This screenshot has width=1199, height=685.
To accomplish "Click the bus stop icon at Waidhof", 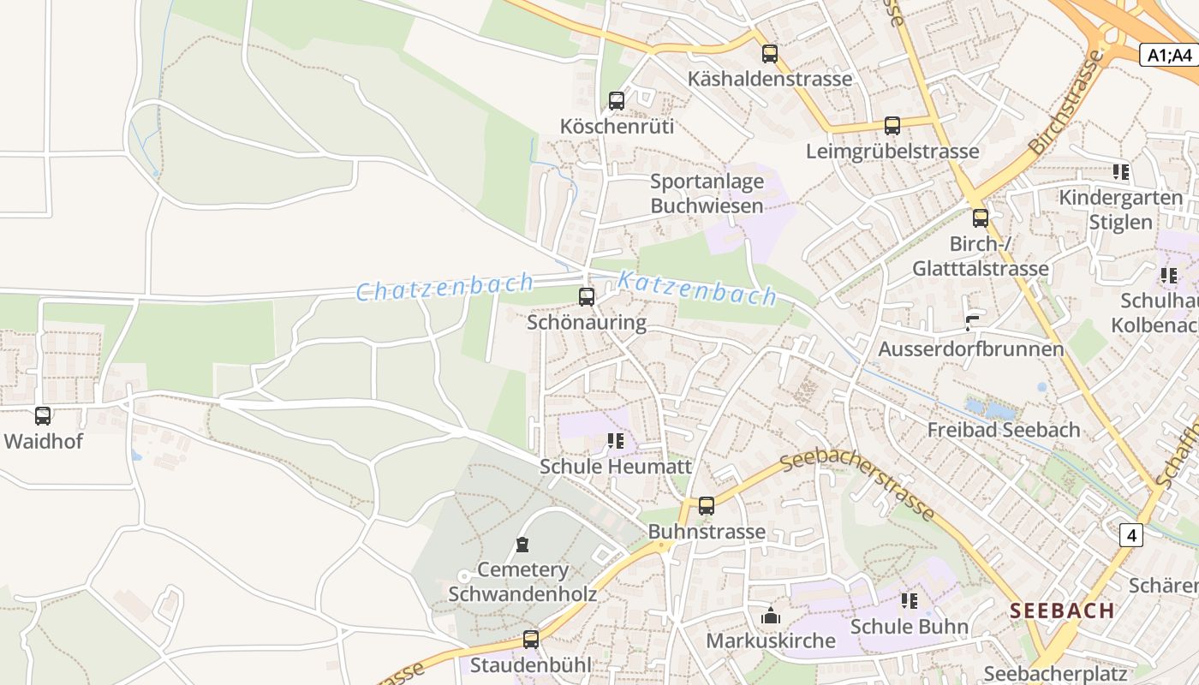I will pyautogui.click(x=43, y=416).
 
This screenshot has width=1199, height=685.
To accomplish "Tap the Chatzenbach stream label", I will pyautogui.click(x=444, y=287).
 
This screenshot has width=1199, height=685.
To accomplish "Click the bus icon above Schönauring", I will pyautogui.click(x=587, y=297).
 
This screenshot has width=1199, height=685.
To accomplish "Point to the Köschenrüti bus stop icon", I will pyautogui.click(x=617, y=100).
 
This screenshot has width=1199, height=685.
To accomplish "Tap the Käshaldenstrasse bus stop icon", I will pyautogui.click(x=770, y=54).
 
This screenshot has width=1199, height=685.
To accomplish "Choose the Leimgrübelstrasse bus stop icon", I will pyautogui.click(x=892, y=126).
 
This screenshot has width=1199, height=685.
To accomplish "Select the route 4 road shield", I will pyautogui.click(x=1131, y=535).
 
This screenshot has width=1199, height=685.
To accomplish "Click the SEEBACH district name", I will pyautogui.click(x=1062, y=611).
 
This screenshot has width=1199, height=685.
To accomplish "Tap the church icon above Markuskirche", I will pyautogui.click(x=771, y=616).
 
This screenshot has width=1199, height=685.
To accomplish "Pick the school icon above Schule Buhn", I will pyautogui.click(x=910, y=601).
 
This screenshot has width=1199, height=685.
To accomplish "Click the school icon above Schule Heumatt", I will pyautogui.click(x=615, y=441).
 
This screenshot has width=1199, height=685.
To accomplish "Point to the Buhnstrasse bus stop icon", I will pyautogui.click(x=707, y=506).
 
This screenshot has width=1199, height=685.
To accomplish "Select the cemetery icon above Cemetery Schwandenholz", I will pyautogui.click(x=522, y=545).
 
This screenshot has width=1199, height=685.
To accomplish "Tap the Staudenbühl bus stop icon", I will pyautogui.click(x=531, y=639).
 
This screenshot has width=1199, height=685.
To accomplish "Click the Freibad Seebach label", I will pyautogui.click(x=1004, y=430).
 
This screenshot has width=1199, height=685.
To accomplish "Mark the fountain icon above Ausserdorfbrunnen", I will pyautogui.click(x=971, y=324).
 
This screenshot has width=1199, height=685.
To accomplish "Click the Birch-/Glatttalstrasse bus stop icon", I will pyautogui.click(x=981, y=218).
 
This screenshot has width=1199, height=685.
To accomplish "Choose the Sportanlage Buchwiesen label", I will pyautogui.click(x=707, y=194).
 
